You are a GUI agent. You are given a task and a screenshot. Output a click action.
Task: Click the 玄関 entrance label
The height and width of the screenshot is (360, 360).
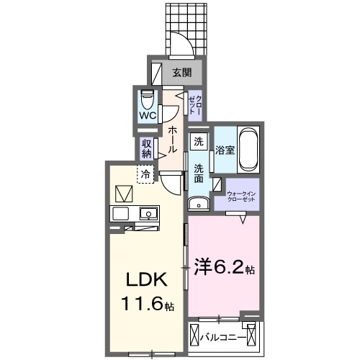pyautogui.click(x=181, y=72)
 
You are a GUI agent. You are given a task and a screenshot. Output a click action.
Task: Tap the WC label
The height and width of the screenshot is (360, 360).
pyautogui.click(x=148, y=115)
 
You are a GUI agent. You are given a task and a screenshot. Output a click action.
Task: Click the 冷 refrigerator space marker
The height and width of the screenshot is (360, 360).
pyautogui.click(x=146, y=174)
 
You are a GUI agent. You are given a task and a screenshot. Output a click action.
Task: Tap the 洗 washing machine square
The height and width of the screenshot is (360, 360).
pyautogui.click(x=199, y=142)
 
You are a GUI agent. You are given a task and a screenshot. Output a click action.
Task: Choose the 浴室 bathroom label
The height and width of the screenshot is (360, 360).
pyautogui.click(x=225, y=150)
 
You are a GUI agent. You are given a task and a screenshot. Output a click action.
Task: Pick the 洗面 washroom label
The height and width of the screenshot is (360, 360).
pyautogui.click(x=199, y=174)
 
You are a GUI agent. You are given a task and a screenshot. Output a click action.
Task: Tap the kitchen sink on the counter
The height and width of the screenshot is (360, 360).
pyautogui.click(x=148, y=213)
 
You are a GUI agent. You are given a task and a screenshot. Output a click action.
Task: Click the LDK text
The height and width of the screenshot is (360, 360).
pyautogui.click(x=148, y=279)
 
